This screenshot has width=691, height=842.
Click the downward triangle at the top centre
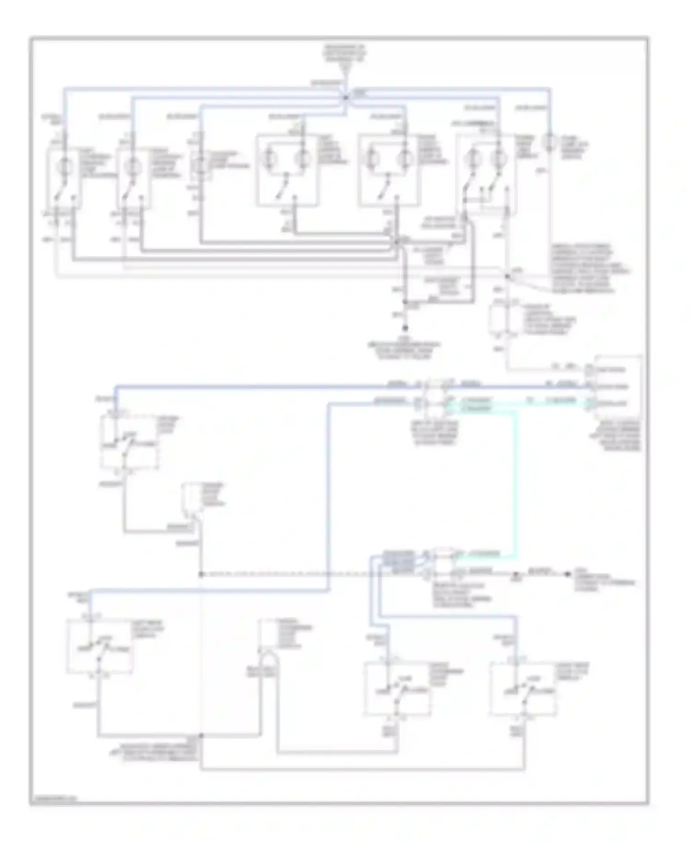(x=345, y=70)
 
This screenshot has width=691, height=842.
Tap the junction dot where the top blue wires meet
(x=345, y=97)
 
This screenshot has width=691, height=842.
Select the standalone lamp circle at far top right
(x=550, y=140)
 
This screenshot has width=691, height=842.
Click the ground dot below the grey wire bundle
(x=405, y=328)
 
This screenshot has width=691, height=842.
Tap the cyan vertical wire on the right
(x=515, y=479)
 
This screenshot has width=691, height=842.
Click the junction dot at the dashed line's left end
(x=201, y=574)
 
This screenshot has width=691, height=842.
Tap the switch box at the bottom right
(x=523, y=689)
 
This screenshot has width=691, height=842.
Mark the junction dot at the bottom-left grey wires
(x=201, y=736)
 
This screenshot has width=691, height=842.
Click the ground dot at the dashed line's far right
(x=568, y=574)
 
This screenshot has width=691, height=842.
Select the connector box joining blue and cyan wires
(x=435, y=395)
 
